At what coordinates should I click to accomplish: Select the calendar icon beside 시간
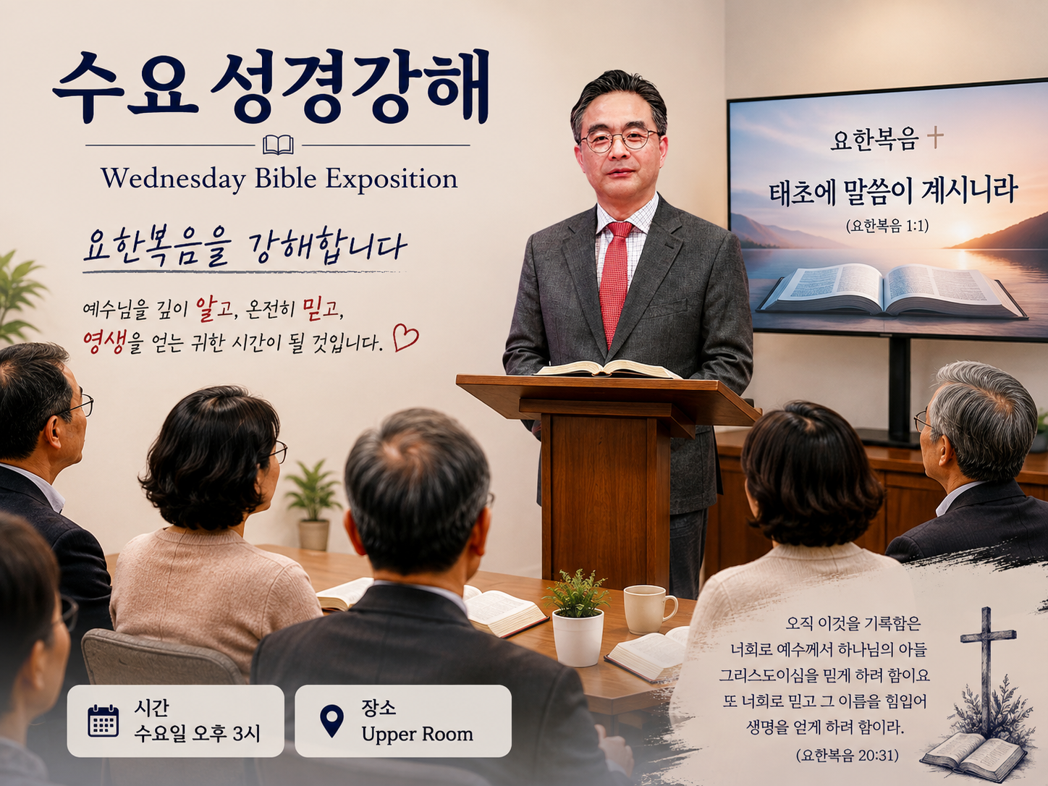[x=103, y=721]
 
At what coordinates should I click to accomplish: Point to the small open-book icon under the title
[x=279, y=145]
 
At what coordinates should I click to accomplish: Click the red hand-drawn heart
[x=405, y=338]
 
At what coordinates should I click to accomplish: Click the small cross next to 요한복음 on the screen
[x=935, y=138]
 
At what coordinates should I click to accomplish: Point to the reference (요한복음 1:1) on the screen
[x=887, y=226]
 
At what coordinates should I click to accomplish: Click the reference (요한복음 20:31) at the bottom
[x=848, y=755]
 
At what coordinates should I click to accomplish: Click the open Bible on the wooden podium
[x=607, y=368]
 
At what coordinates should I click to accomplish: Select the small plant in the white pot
[x=578, y=618]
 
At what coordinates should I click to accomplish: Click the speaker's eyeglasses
[x=620, y=140]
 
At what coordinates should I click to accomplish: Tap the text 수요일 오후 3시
[x=197, y=734]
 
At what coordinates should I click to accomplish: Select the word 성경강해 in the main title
[x=350, y=86]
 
